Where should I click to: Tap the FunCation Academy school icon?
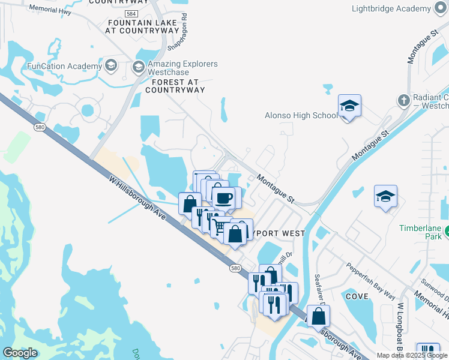pos(110,65)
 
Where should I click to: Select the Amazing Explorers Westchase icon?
pos(139,66)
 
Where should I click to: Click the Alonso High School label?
pos(301,115)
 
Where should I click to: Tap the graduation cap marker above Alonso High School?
pos(349,106)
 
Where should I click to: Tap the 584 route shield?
pos(130,13)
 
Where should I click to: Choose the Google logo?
pos(20,353)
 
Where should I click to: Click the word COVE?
pos(357,296)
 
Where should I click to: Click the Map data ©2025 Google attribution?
pos(411,355)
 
